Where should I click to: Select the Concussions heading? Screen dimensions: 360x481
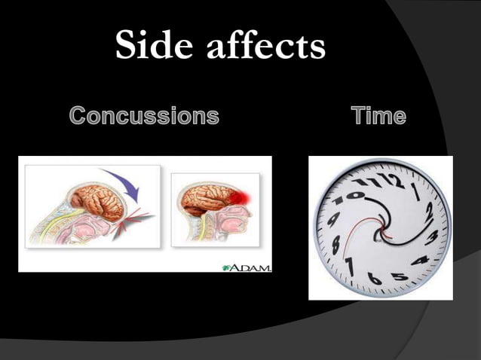point(144,116)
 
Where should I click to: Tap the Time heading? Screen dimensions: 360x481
point(378,116)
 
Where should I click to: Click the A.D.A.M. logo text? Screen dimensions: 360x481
point(247,267)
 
